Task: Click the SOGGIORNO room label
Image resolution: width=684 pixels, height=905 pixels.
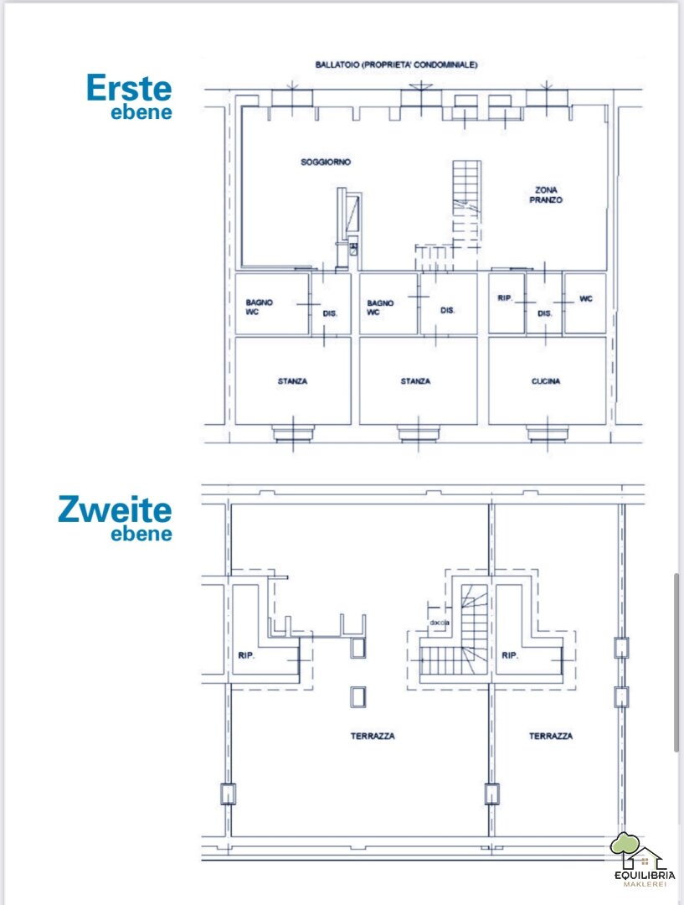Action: point(326,163)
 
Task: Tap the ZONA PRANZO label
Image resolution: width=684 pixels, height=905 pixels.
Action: point(546,194)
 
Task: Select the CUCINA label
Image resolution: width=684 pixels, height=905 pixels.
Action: point(546,381)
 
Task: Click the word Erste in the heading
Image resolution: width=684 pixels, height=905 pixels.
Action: point(129,88)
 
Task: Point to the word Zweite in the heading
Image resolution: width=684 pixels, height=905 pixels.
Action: point(115,509)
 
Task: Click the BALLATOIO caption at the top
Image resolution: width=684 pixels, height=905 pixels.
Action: point(396,65)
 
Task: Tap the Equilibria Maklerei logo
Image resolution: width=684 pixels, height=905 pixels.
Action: point(644,860)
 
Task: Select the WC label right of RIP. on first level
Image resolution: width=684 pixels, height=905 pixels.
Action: point(585,298)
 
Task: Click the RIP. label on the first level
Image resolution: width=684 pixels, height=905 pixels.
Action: point(505,297)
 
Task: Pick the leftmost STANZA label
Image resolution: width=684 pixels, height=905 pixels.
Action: point(292,381)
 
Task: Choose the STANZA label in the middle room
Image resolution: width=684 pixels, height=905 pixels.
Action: point(415,381)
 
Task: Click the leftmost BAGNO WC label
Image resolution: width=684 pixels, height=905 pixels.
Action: point(259,307)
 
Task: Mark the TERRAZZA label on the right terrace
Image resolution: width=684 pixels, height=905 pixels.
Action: point(551,736)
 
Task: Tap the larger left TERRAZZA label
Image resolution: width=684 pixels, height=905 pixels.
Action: point(373,736)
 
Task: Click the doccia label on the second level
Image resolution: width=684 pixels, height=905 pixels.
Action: point(439,623)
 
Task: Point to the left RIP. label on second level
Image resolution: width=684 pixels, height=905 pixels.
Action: point(246,655)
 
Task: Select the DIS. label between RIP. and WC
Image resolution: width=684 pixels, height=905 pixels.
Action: point(544,313)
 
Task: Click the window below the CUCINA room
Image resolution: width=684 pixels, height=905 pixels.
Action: point(547,433)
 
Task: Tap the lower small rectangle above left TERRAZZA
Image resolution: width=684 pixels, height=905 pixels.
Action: point(358,696)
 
